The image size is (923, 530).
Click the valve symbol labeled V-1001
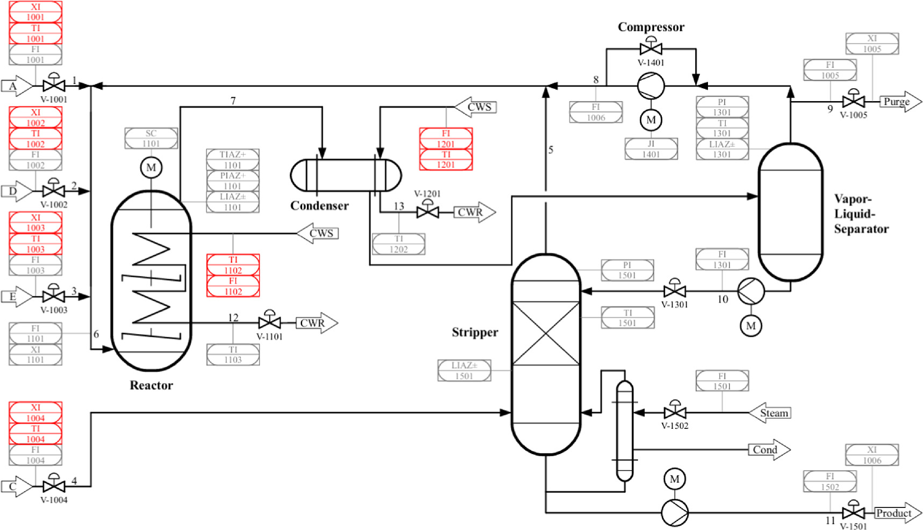pyautogui.click(x=54, y=85)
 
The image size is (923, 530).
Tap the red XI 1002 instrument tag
pyautogui.click(x=35, y=117)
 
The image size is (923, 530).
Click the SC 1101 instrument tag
pyautogui.click(x=151, y=138)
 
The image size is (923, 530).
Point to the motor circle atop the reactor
pyautogui.click(x=151, y=168)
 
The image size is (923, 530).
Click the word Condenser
pyautogui.click(x=319, y=206)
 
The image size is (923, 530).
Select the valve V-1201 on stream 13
pyautogui.click(x=427, y=212)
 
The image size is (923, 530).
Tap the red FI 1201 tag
pyautogui.click(x=446, y=138)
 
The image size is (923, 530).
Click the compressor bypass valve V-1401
pyautogui.click(x=651, y=48)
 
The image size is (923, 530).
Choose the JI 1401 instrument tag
pyautogui.click(x=651, y=149)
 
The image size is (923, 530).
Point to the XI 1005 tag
pyautogui.click(x=872, y=44)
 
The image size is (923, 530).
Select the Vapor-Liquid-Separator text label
pyautogui.click(x=860, y=214)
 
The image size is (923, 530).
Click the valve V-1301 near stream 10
pyautogui.click(x=675, y=291)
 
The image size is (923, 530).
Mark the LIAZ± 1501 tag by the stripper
pyautogui.click(x=464, y=371)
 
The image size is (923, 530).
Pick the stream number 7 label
pyautogui.click(x=233, y=101)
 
